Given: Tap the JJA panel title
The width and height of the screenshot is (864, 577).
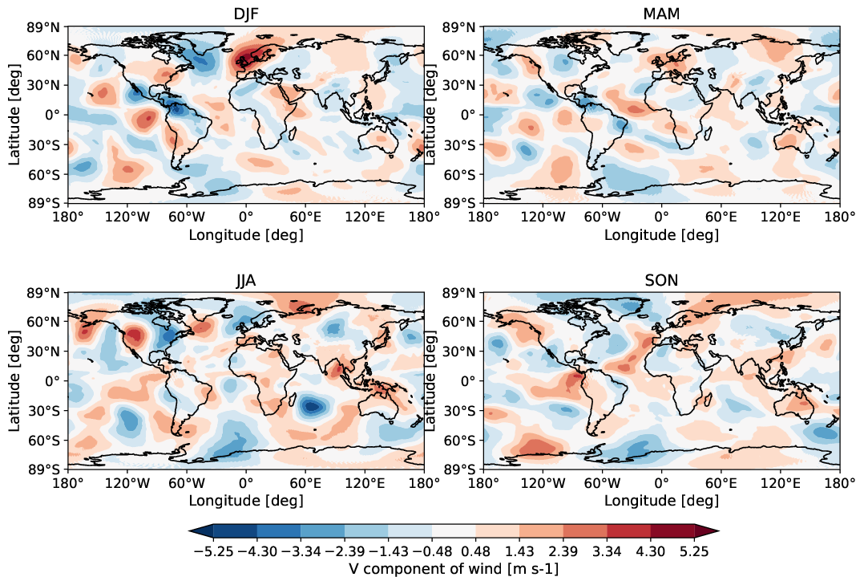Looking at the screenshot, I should click(x=245, y=281).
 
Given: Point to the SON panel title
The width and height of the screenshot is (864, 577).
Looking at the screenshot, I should click(x=661, y=281).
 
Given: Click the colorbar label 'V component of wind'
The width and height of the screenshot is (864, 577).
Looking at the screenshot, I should click(x=454, y=568).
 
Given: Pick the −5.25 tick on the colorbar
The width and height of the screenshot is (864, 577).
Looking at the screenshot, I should click(x=214, y=552).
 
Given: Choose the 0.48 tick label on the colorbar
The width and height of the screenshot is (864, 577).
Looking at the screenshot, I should click(x=475, y=552).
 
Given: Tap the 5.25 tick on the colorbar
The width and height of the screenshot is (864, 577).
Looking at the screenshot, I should click(x=693, y=552).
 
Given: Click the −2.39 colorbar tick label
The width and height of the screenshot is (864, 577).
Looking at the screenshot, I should click(x=345, y=552).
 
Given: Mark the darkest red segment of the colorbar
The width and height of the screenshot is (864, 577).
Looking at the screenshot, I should click(x=672, y=530).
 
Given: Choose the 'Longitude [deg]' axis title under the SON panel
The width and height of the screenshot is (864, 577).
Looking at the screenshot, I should click(x=661, y=502).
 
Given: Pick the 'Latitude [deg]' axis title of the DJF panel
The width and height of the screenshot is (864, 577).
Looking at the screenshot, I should click(x=15, y=115).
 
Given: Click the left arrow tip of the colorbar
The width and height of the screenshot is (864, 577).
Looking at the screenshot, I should click(x=191, y=530).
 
